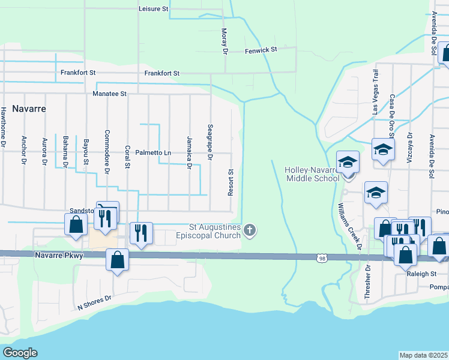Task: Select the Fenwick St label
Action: pyautogui.click(x=261, y=51)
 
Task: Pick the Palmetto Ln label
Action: pyautogui.click(x=153, y=153)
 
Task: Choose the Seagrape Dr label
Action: pyautogui.click(x=209, y=142)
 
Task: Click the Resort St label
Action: pyautogui.click(x=231, y=181)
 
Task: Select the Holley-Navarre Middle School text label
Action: pyautogui.click(x=312, y=174)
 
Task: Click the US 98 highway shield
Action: pyautogui.click(x=322, y=257)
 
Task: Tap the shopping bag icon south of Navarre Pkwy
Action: pyautogui.click(x=117, y=260)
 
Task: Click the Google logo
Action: pyautogui.click(x=20, y=352)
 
